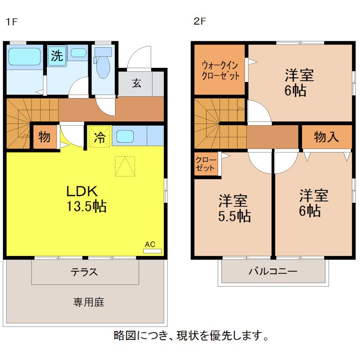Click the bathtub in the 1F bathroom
click(25, 57)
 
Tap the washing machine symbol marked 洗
click(56, 56)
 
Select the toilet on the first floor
click(103, 66)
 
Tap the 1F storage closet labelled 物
click(44, 137)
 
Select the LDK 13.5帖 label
click(86, 198)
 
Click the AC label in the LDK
click(150, 244)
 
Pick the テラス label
click(84, 272)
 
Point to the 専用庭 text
click(89, 302)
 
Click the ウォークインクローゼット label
click(220, 70)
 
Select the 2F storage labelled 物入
click(326, 137)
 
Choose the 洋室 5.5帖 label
click(233, 208)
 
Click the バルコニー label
click(273, 272)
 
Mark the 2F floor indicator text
click(199, 21)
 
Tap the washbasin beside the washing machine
click(78, 53)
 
